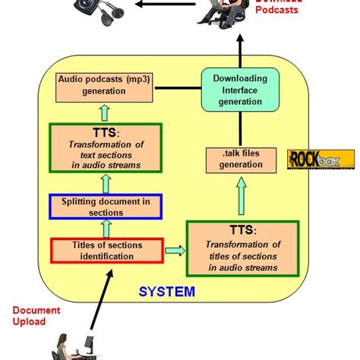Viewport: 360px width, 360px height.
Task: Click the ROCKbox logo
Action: [x=321, y=159]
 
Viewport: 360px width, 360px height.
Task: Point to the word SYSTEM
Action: [x=166, y=291]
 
